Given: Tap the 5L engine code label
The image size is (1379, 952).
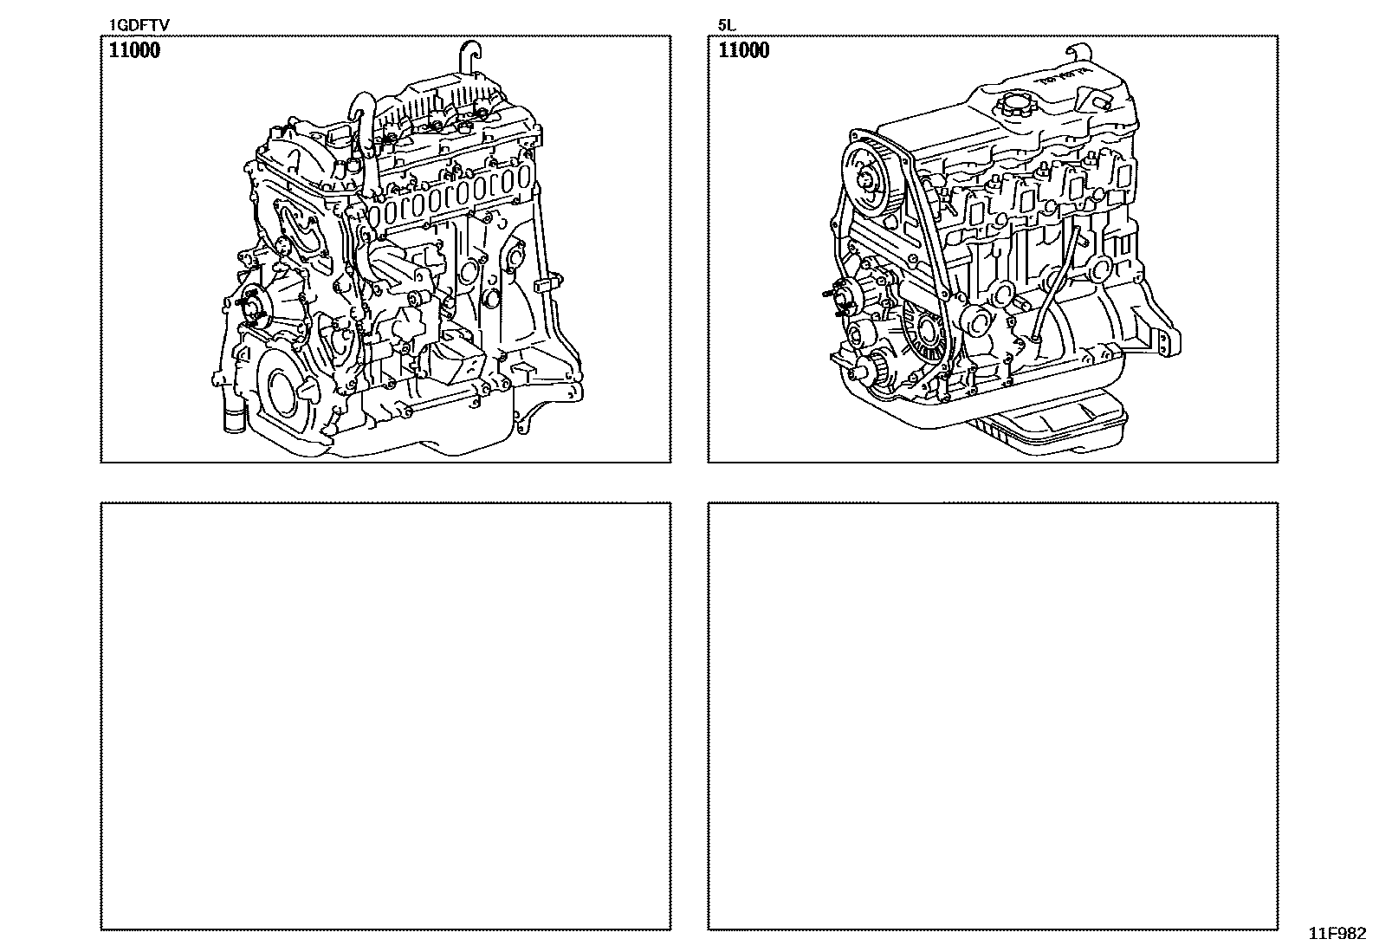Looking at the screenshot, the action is click(x=726, y=24).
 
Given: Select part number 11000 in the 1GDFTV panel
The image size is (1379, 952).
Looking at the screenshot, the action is click(x=134, y=50).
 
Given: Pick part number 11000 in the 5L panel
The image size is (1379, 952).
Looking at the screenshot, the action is click(x=744, y=50).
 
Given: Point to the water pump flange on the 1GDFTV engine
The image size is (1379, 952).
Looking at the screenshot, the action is click(x=254, y=308).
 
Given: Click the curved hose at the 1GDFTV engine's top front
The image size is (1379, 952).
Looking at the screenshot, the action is click(x=360, y=130).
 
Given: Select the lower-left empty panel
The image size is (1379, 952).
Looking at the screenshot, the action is click(x=385, y=716).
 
